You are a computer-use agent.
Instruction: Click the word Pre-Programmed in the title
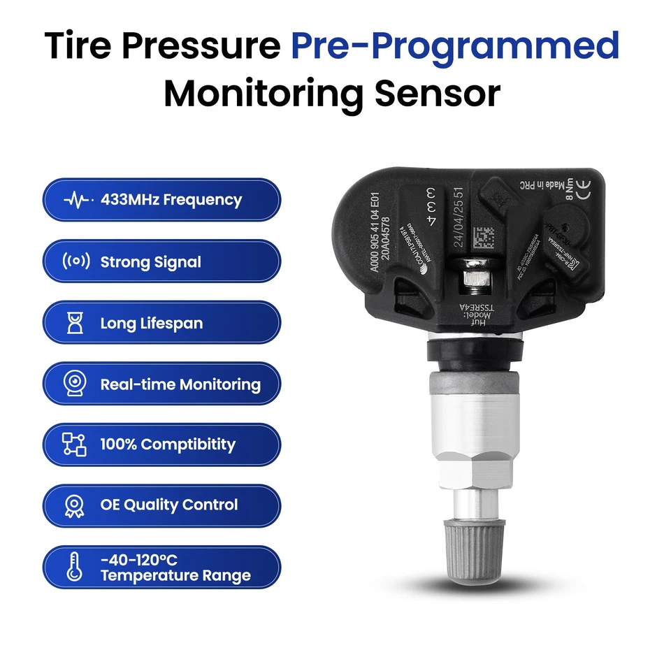(455, 46)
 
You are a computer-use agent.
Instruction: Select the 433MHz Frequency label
(171, 200)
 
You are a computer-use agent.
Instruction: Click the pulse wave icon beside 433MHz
(77, 200)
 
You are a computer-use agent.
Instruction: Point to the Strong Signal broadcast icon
(76, 263)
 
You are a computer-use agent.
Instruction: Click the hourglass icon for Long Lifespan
(75, 324)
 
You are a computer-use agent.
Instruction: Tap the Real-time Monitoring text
(180, 384)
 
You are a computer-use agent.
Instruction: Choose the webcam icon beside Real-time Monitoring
(75, 384)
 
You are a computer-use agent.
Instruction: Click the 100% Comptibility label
(168, 445)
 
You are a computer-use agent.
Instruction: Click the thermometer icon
(74, 566)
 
